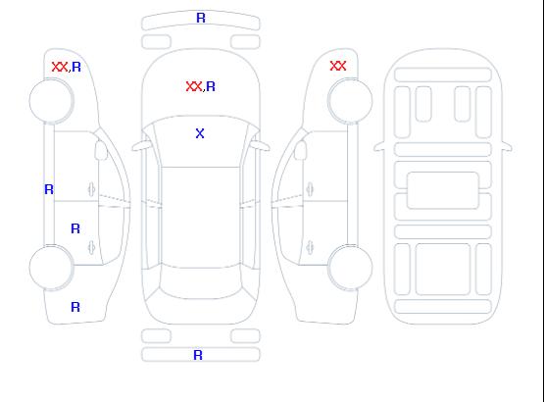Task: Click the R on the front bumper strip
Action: [201, 18]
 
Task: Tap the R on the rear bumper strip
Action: [198, 355]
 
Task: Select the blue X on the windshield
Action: [200, 133]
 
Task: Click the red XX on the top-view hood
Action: [194, 86]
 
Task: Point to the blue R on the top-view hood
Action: [211, 86]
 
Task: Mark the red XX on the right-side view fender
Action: [338, 66]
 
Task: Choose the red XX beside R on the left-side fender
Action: [60, 67]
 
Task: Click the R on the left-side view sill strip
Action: [49, 189]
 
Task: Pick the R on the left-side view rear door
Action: [75, 228]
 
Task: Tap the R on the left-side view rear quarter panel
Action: [75, 307]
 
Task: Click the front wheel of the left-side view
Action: [51, 101]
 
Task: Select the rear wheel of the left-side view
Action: [51, 268]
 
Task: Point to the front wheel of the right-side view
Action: [350, 101]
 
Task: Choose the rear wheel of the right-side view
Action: [350, 268]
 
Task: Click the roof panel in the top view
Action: [201, 217]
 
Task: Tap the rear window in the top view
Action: [201, 282]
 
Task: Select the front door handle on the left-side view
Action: [92, 189]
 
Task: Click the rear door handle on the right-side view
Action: [310, 248]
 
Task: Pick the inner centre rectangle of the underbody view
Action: [443, 190]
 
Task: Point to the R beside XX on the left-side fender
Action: [76, 67]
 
